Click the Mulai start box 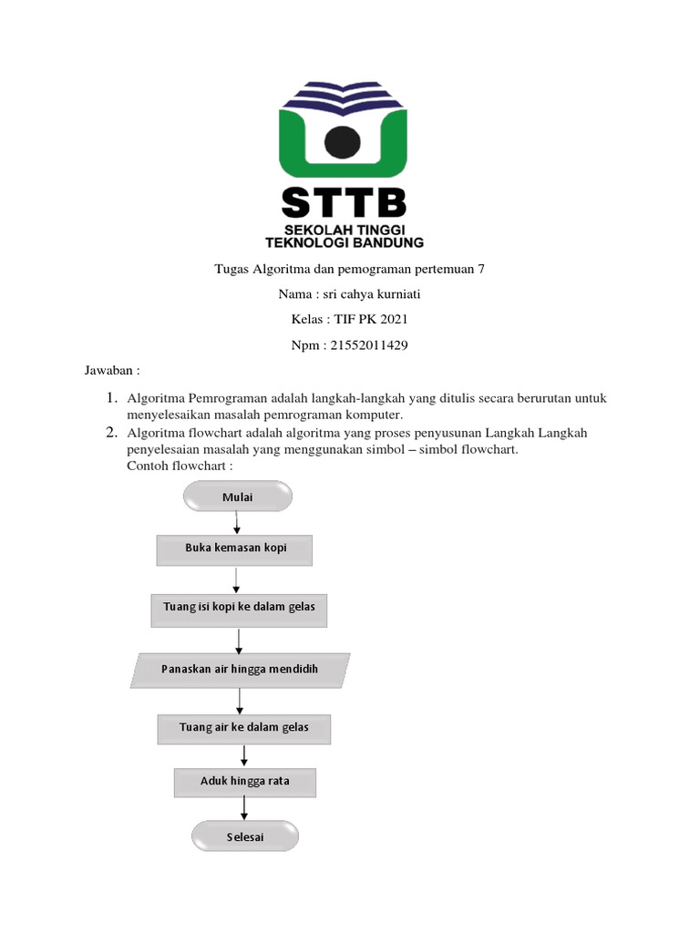[238, 497]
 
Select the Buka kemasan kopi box [236, 549]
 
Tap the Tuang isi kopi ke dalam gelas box [239, 607]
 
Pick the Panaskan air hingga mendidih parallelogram [240, 669]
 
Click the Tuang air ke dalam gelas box [243, 728]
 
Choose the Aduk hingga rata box [244, 781]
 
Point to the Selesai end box [244, 836]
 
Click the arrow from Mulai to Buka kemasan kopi [237, 523]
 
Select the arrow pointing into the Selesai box [244, 808]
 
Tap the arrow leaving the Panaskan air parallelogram [240, 700]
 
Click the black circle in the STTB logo [342, 140]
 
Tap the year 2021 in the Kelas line [394, 320]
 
